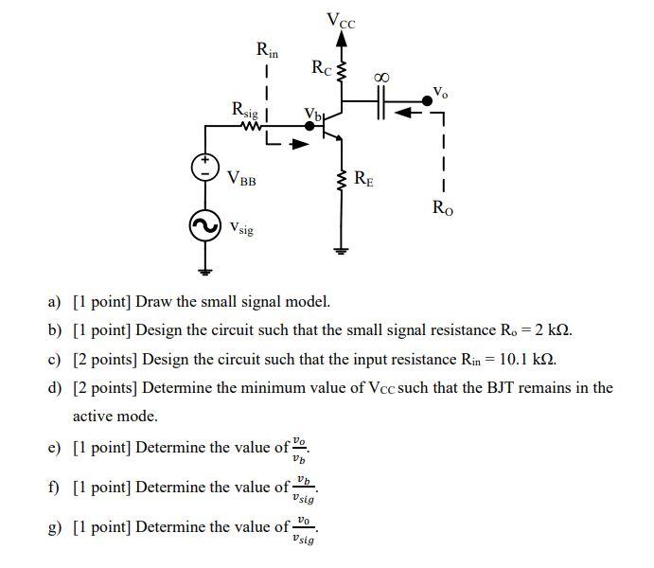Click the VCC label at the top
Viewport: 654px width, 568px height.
click(341, 19)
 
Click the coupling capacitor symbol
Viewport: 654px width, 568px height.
click(382, 98)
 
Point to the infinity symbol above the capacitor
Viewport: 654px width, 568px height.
click(382, 76)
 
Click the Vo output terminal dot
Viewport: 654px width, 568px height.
click(427, 98)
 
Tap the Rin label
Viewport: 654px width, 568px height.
click(268, 48)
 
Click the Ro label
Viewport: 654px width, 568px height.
click(442, 208)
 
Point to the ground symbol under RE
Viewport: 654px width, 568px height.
click(343, 250)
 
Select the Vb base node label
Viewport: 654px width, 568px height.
click(312, 115)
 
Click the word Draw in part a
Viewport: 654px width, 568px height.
click(153, 302)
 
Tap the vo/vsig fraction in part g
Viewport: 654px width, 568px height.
click(303, 530)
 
